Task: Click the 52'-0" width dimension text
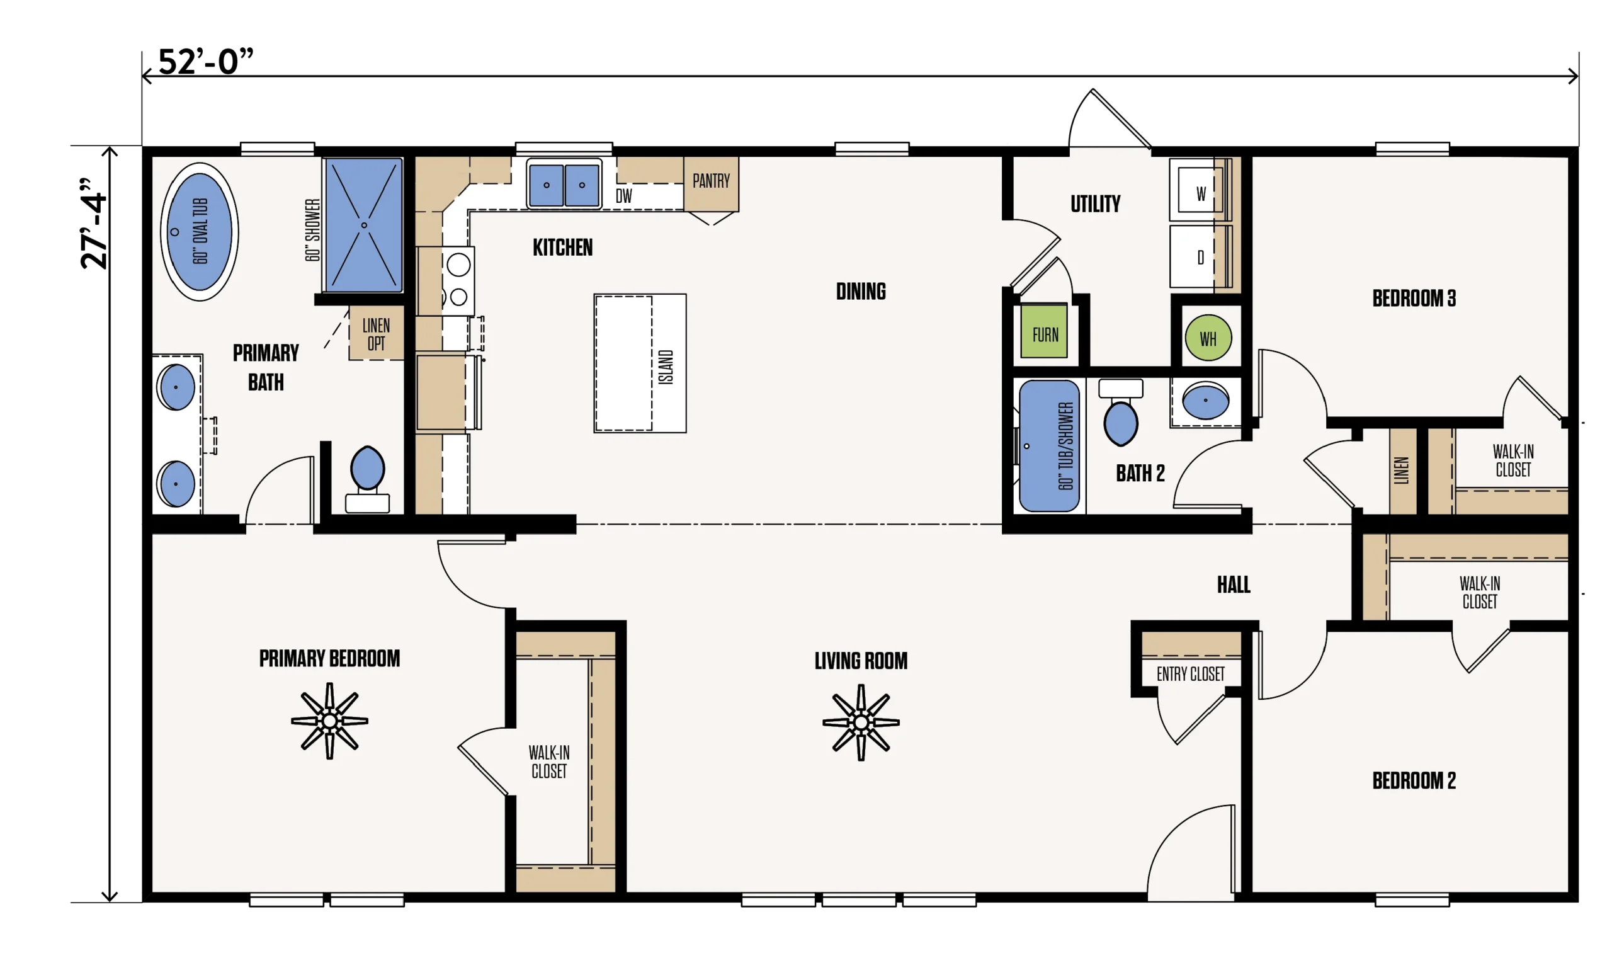(205, 62)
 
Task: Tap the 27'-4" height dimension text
(94, 223)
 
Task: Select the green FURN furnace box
(1045, 331)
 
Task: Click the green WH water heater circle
(1208, 338)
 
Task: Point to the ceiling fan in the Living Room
(861, 722)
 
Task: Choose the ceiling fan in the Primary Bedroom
(329, 721)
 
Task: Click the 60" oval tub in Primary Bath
(200, 232)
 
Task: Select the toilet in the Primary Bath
(367, 480)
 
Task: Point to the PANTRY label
(712, 181)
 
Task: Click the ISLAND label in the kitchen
(666, 367)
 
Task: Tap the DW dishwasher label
(624, 196)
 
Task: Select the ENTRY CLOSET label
(1191, 675)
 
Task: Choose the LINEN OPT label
(376, 334)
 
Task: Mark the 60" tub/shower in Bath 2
(1049, 447)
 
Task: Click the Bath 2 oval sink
(1206, 401)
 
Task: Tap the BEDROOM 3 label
(1414, 299)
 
